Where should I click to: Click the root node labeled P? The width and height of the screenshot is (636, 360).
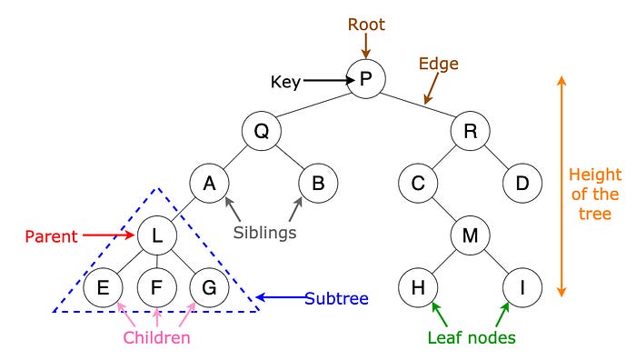(x=365, y=78)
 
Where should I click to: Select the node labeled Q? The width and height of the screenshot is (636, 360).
(x=261, y=132)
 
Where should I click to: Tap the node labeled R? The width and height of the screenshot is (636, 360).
(x=471, y=132)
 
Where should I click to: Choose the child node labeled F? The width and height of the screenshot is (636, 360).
(x=156, y=289)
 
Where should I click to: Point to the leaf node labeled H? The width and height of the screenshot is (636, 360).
(x=418, y=289)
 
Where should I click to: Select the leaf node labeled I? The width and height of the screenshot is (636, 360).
(x=522, y=289)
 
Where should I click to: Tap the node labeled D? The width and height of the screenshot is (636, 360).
(x=522, y=184)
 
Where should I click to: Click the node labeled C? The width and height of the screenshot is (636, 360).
(x=418, y=184)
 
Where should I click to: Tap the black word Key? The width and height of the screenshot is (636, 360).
(x=285, y=82)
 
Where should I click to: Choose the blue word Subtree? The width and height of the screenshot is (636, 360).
(x=336, y=297)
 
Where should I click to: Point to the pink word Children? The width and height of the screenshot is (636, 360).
(x=157, y=338)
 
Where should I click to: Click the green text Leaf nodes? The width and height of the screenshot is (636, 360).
(x=472, y=338)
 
